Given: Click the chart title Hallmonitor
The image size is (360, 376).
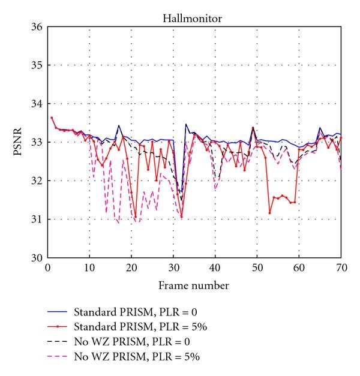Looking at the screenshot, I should point(194,19).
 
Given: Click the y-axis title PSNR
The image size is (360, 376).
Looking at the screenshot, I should point(18,142).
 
